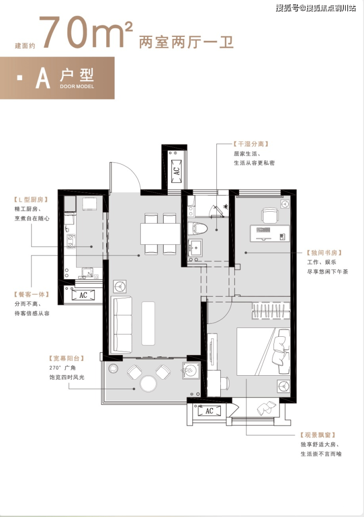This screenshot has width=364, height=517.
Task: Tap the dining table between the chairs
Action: [x=160, y=234]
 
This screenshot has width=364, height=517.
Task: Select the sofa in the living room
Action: [x=121, y=324]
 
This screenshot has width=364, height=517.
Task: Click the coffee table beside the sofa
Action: [x=148, y=323]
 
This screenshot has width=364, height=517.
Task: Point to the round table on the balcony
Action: [x=148, y=384]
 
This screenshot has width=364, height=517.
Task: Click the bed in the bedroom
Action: [x=263, y=352]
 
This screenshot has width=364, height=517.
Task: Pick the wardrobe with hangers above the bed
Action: [x=271, y=311]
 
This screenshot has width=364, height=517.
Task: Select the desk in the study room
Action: [x=270, y=233]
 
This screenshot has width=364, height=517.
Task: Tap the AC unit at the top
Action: [x=177, y=171]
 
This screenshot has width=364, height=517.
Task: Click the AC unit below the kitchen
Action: [x=83, y=295]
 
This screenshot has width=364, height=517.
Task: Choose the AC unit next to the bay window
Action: [x=210, y=411]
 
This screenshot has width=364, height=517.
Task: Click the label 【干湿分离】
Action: [x=251, y=144]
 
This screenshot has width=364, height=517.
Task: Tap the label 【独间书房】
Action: [x=324, y=253]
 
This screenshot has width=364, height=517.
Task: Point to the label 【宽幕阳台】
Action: [x=67, y=358]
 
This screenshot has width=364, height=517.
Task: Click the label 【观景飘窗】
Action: [x=318, y=435]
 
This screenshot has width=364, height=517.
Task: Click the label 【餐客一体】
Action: [x=31, y=294]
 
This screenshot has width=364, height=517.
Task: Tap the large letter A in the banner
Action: [x=43, y=78]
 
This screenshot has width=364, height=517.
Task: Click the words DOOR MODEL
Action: [x=77, y=86]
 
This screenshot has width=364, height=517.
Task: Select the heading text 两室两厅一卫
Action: [x=186, y=42]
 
